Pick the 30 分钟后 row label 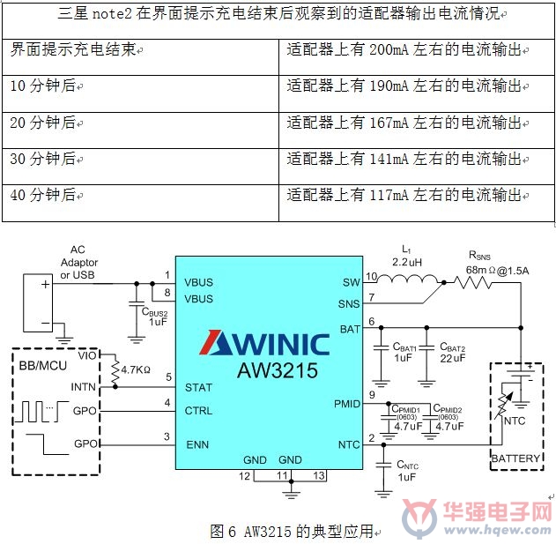(43, 159)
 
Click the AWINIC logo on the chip (264, 343)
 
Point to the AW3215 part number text (278, 370)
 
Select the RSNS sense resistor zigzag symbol (472, 282)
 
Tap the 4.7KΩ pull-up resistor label (136, 370)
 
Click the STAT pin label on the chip (198, 388)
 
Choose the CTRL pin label (198, 411)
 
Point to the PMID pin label (347, 404)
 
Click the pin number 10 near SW (371, 276)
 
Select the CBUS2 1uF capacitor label (154, 317)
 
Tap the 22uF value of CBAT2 (452, 359)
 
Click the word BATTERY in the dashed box (515, 458)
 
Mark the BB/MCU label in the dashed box (43, 366)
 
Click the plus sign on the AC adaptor (46, 284)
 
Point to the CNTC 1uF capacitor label (407, 471)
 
